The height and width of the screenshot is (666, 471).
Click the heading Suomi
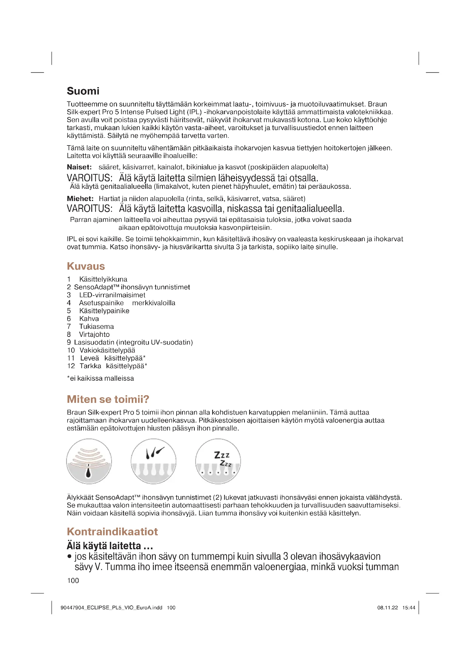pyautogui.click(x=83, y=91)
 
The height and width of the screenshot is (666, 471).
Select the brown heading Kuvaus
pyautogui.click(x=85, y=266)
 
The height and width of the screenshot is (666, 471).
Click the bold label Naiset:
pyautogui.click(x=79, y=167)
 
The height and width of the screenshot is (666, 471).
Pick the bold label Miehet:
pyautogui.click(x=80, y=199)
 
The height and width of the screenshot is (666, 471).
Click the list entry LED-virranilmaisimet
pyautogui.click(x=112, y=295)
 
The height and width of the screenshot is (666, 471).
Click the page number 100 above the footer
pyautogui.click(x=73, y=580)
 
